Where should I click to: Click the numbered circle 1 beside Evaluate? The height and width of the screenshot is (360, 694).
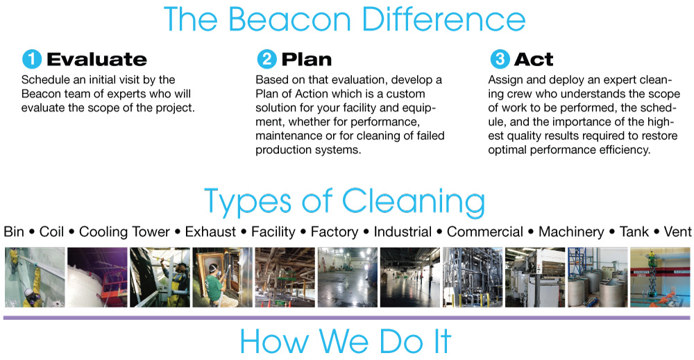pos(32,59)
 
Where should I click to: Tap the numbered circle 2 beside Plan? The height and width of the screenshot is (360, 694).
pos(266,59)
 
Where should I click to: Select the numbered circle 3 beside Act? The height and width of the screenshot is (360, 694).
pos(500,59)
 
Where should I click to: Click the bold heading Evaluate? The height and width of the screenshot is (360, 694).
pos(96,59)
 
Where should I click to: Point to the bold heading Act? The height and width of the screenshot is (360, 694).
pos(534,59)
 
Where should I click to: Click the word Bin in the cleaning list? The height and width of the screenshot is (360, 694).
pos(14,232)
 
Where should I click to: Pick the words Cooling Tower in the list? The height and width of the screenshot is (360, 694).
pos(124,232)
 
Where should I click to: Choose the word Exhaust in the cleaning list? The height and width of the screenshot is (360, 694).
pos(210,232)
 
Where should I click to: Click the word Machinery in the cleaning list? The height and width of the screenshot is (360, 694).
pos(571,232)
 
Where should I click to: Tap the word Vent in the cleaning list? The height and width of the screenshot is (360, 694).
pos(677,232)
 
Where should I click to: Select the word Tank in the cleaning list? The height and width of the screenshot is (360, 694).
pos(634,232)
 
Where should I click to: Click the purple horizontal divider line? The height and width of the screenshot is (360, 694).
pos(346,318)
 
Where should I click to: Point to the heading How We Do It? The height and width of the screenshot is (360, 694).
pos(346,341)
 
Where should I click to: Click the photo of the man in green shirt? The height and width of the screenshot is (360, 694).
pos(222,277)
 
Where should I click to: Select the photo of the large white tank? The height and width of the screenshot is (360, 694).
pos(97,277)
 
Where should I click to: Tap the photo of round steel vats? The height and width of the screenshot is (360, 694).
pos(598,277)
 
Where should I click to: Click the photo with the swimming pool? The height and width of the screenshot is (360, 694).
pos(660,277)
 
